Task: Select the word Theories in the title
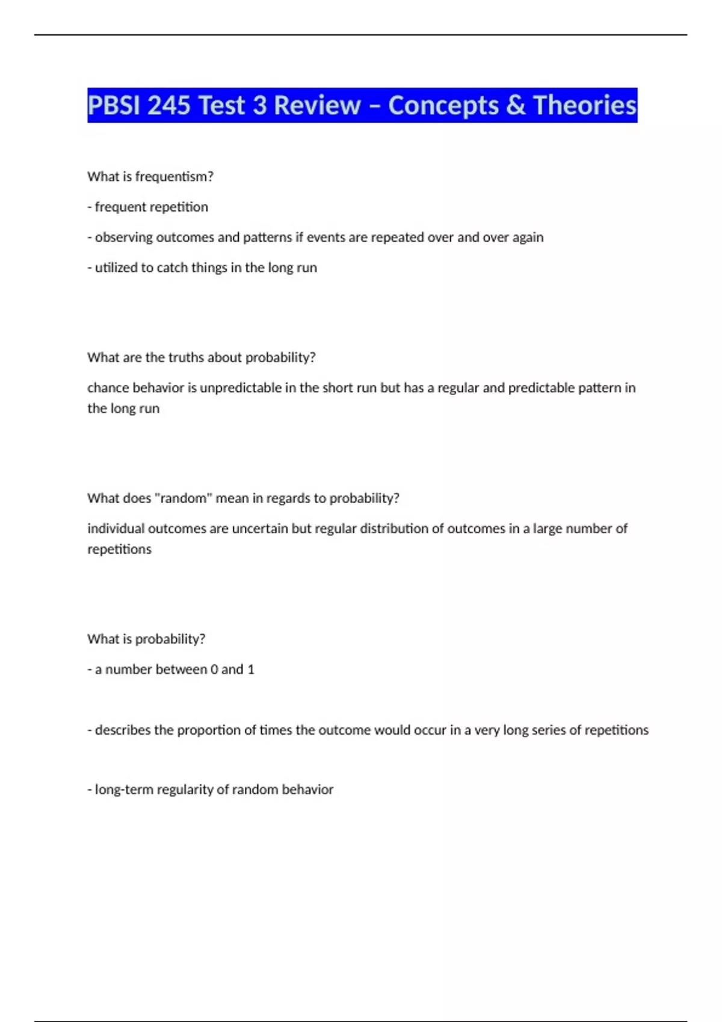[x=584, y=106]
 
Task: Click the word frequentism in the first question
[x=174, y=177]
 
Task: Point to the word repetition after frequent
[x=180, y=207]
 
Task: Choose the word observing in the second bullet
[x=123, y=237]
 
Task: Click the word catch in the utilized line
[x=172, y=268]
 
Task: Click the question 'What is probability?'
[x=146, y=639]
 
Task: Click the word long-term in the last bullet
[x=124, y=790]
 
